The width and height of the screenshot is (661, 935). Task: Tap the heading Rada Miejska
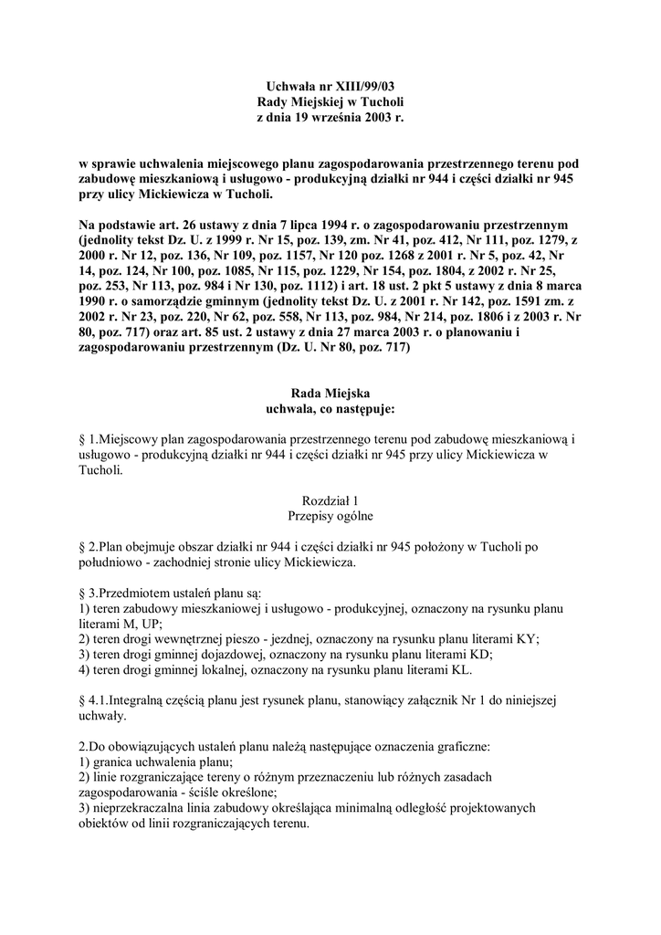(x=330, y=392)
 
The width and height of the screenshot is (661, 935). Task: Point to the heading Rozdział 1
(x=330, y=499)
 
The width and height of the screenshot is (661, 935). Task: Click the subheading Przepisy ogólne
(x=330, y=515)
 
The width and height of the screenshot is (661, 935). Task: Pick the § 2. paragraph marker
(x=89, y=547)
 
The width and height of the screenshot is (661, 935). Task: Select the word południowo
(x=113, y=562)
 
